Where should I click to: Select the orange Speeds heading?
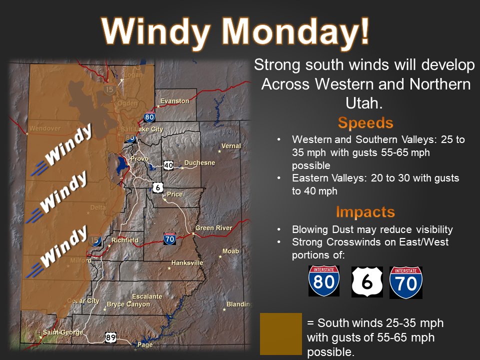(x=365, y=123)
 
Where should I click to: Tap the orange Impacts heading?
(x=365, y=212)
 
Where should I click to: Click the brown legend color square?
(x=281, y=334)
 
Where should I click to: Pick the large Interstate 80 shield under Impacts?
(x=323, y=281)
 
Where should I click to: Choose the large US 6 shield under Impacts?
(x=367, y=281)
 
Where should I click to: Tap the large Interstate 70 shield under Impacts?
(x=405, y=282)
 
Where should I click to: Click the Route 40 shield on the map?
(x=168, y=165)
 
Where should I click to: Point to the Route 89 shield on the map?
(x=111, y=337)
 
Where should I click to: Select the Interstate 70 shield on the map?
(x=169, y=239)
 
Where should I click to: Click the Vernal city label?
(x=231, y=146)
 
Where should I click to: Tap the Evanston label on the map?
(x=174, y=101)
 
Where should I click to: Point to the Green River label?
(x=213, y=228)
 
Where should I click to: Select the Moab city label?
(x=230, y=251)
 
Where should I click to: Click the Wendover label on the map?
(x=44, y=128)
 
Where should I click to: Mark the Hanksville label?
(x=187, y=262)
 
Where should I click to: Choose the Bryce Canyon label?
(x=128, y=304)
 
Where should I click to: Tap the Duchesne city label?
(x=199, y=162)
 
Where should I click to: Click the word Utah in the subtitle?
(x=363, y=103)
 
